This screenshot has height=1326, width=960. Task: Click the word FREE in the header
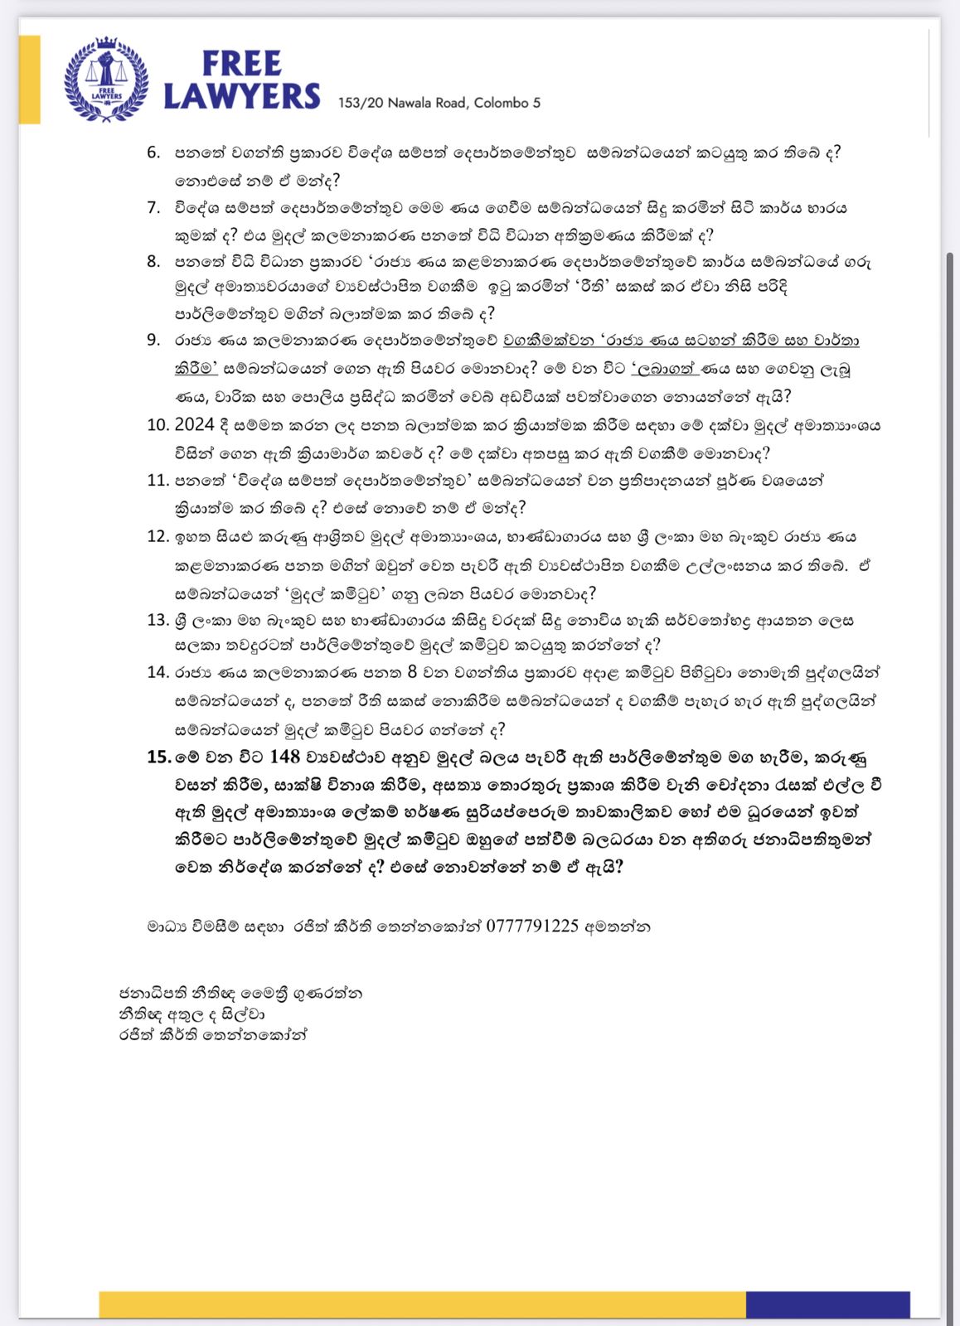point(242,64)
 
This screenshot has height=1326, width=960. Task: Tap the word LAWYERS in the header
point(241,96)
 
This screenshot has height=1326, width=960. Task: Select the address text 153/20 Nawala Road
point(403,103)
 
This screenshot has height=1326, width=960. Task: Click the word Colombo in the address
point(501,103)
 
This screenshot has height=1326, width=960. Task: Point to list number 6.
point(153,152)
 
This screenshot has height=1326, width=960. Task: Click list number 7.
point(153,207)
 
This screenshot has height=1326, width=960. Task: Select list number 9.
point(153,339)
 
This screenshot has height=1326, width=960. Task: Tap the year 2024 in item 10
point(194,425)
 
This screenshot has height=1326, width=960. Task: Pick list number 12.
point(158,536)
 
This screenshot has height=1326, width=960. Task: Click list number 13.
point(158,619)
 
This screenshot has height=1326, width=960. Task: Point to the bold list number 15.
point(158,757)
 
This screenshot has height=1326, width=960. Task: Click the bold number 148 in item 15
point(284,756)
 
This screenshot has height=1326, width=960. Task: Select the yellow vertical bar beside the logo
point(30,80)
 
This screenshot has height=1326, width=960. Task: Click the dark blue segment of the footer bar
point(827,1304)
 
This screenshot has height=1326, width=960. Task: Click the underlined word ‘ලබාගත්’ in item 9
point(663,368)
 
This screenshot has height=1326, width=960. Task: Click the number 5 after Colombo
point(536,103)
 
